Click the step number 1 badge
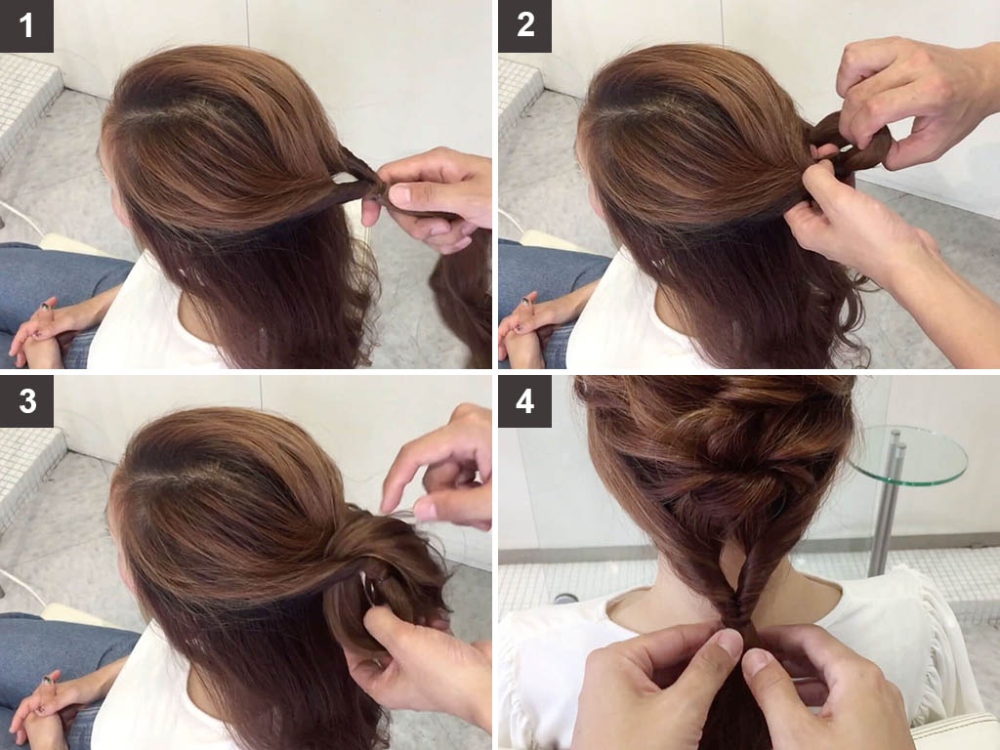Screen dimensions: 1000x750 coord(26,26)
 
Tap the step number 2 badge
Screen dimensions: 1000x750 coord(524,26)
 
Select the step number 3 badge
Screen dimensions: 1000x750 coord(26,401)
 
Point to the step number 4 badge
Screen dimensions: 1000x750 coord(524,401)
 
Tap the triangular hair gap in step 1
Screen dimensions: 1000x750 coord(348,177)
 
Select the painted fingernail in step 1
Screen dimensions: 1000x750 coord(46,307)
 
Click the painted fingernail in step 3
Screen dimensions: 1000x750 coord(47,681)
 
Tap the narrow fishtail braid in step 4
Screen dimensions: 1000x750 coord(741,587)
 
